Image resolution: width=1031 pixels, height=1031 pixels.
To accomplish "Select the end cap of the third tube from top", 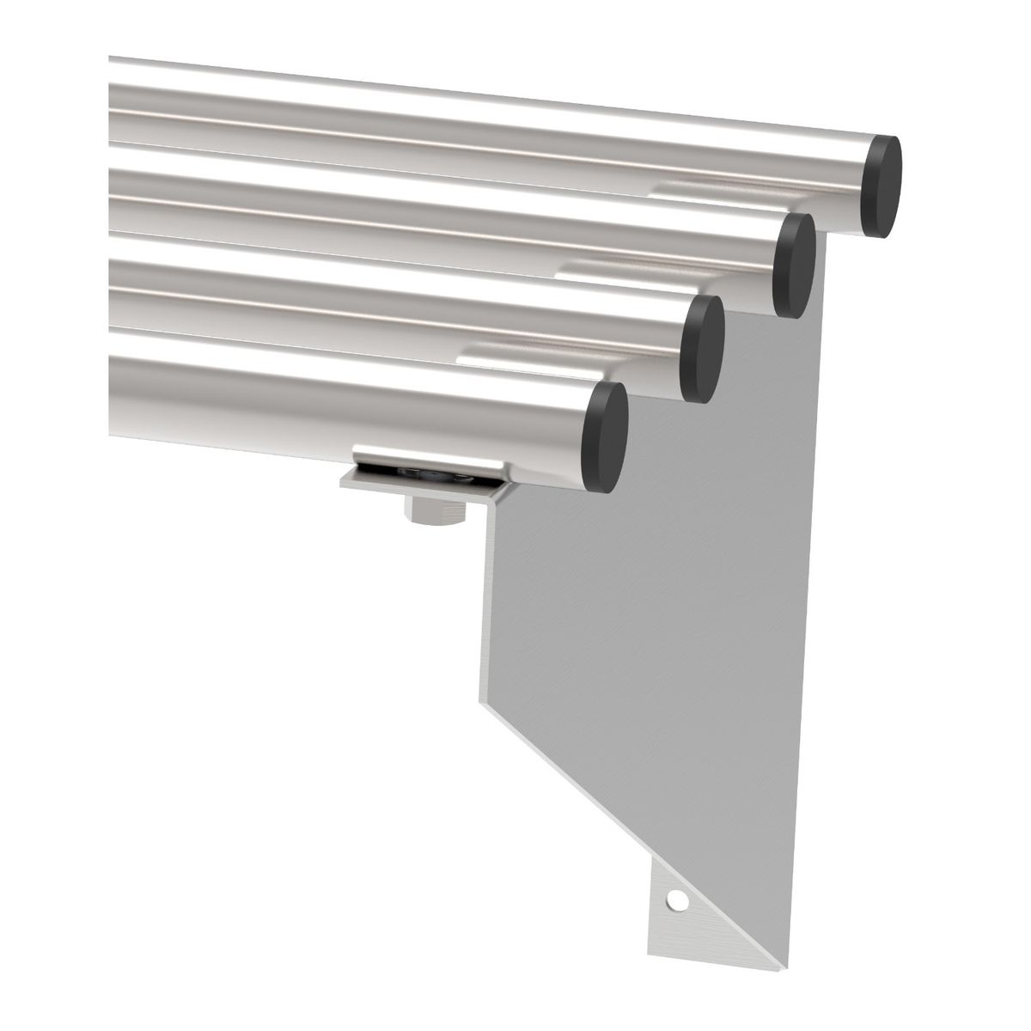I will pyautogui.click(x=702, y=348).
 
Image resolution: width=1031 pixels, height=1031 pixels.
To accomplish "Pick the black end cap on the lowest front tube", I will pyautogui.click(x=606, y=438).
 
